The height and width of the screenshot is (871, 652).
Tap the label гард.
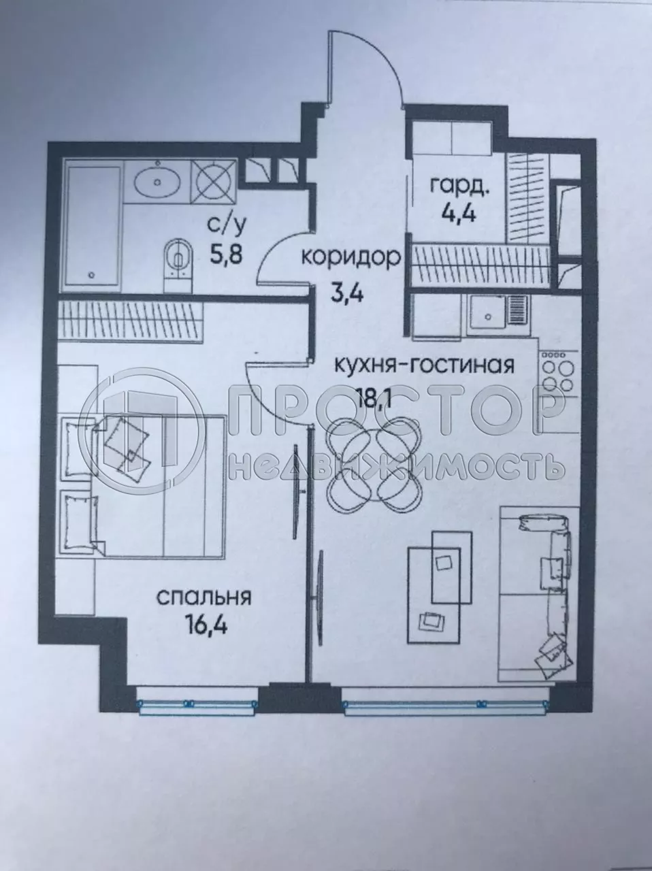(x=457, y=184)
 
